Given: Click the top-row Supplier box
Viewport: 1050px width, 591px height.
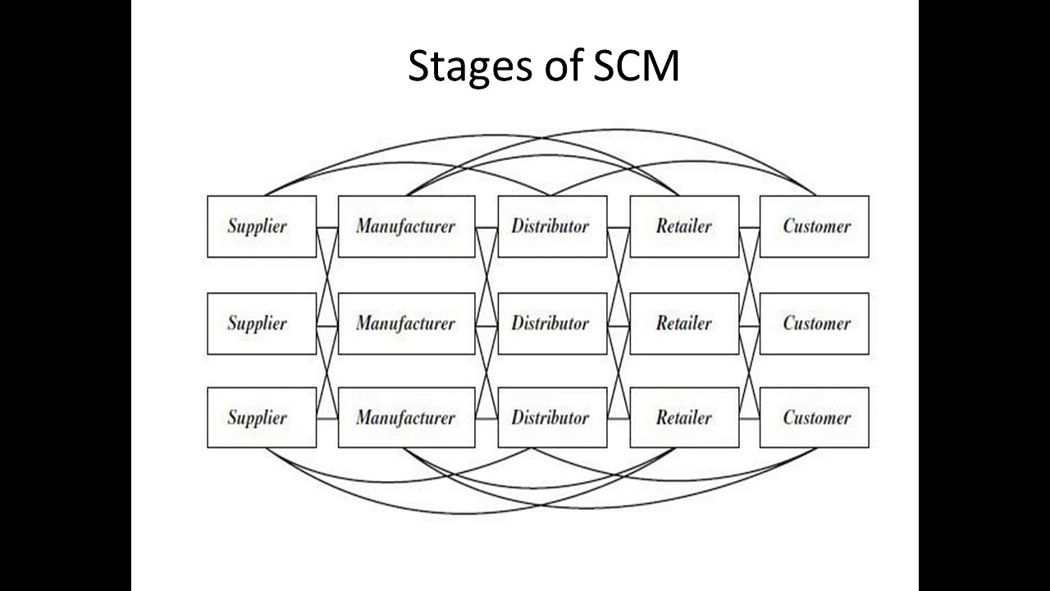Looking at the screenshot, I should [261, 227].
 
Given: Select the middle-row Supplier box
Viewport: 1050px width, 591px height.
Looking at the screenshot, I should [261, 323].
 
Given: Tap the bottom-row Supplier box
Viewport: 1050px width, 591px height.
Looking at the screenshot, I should [261, 418].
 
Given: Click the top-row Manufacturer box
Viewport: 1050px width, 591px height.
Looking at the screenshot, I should [406, 227].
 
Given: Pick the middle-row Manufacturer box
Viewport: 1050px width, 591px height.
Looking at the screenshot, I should [406, 323].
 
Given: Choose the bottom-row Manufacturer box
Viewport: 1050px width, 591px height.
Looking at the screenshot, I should [406, 418].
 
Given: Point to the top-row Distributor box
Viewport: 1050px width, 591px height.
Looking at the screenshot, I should [552, 227].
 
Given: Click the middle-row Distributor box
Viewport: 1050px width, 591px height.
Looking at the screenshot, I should [552, 323].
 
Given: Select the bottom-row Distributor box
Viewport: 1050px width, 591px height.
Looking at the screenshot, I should [552, 418].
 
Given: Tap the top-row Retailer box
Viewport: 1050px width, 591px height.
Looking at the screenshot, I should [684, 227].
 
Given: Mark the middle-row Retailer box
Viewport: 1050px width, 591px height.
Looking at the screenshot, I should [684, 323].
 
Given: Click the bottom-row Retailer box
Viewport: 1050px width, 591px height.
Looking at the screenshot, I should [684, 418].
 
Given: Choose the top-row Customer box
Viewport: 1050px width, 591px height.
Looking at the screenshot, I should [814, 227].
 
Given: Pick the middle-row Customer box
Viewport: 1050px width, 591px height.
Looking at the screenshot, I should [814, 323].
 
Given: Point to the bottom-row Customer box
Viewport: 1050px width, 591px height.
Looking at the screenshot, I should [814, 418].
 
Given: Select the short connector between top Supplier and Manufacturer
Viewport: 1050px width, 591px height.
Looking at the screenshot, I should [327, 227].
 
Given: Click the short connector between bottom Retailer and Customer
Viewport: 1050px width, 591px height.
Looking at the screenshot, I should [749, 419].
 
